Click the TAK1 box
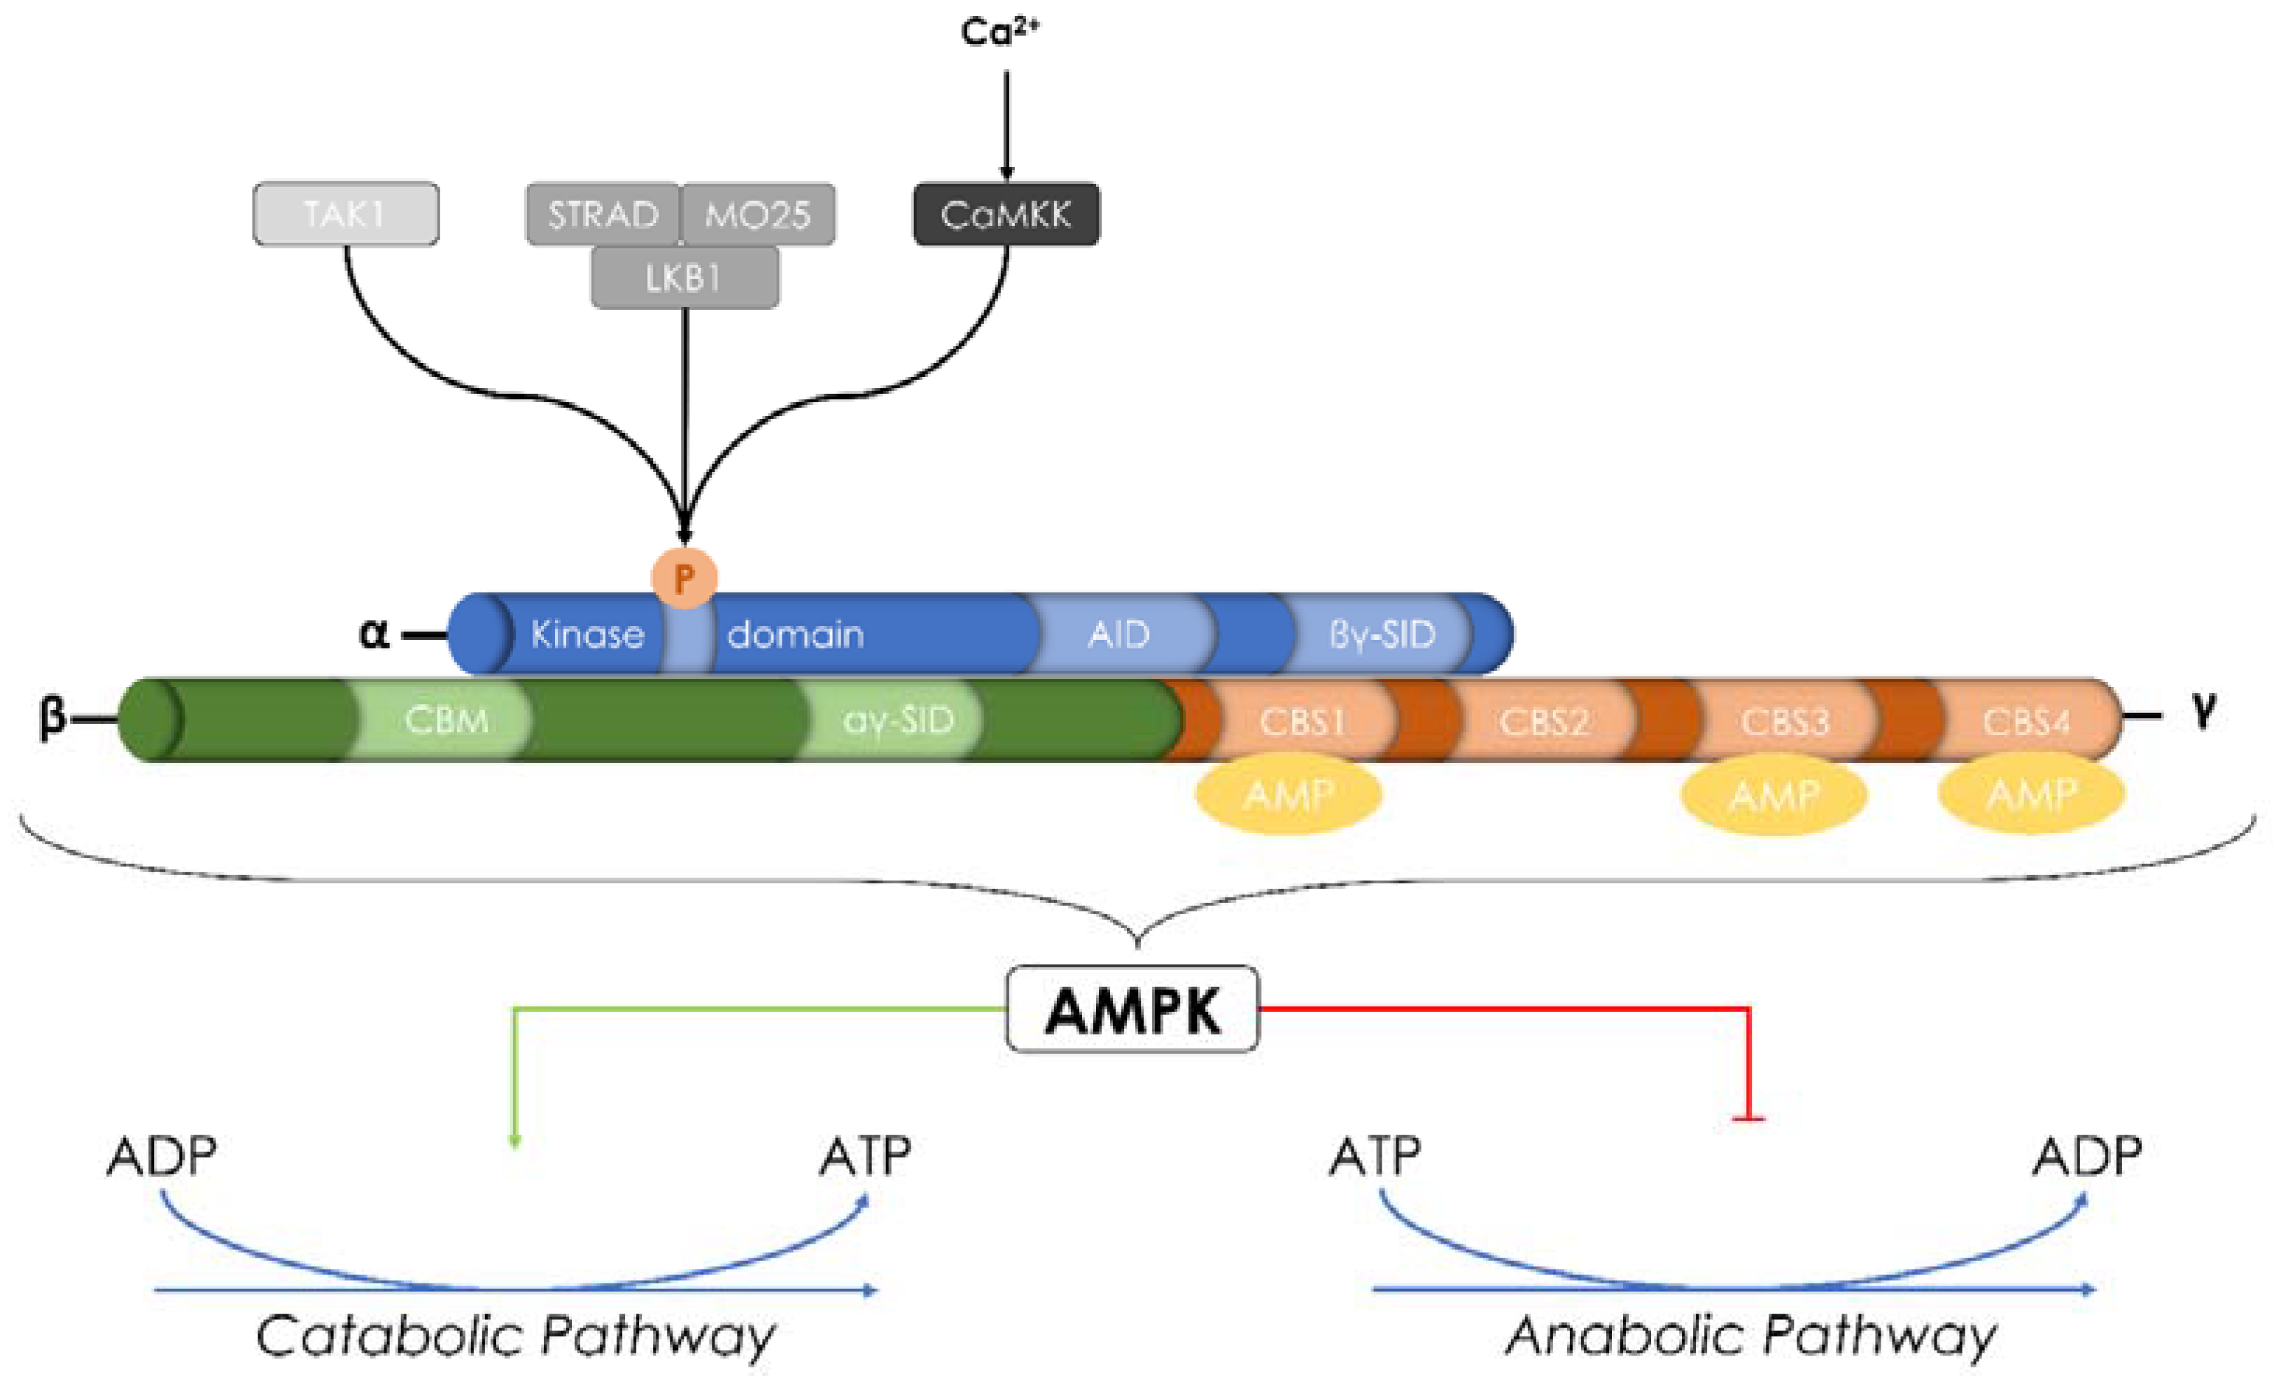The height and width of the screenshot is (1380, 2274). click(x=345, y=214)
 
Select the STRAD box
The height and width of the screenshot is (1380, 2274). click(x=603, y=214)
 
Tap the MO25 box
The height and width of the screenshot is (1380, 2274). click(x=758, y=214)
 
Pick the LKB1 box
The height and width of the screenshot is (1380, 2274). click(x=684, y=278)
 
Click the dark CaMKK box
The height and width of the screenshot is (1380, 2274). click(x=1006, y=214)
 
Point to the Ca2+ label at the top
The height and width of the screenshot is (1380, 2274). click(x=999, y=32)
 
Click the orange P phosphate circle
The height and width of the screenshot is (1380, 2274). click(x=684, y=578)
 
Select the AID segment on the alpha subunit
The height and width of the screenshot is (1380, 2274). click(x=1119, y=634)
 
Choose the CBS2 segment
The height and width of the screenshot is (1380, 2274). click(x=1544, y=721)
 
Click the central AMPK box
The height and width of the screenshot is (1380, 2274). click(x=1132, y=1010)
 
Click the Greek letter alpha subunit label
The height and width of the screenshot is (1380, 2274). click(x=374, y=634)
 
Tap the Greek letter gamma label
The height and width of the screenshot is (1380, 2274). click(x=2205, y=711)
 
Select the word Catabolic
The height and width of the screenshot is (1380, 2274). click(x=388, y=1335)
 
